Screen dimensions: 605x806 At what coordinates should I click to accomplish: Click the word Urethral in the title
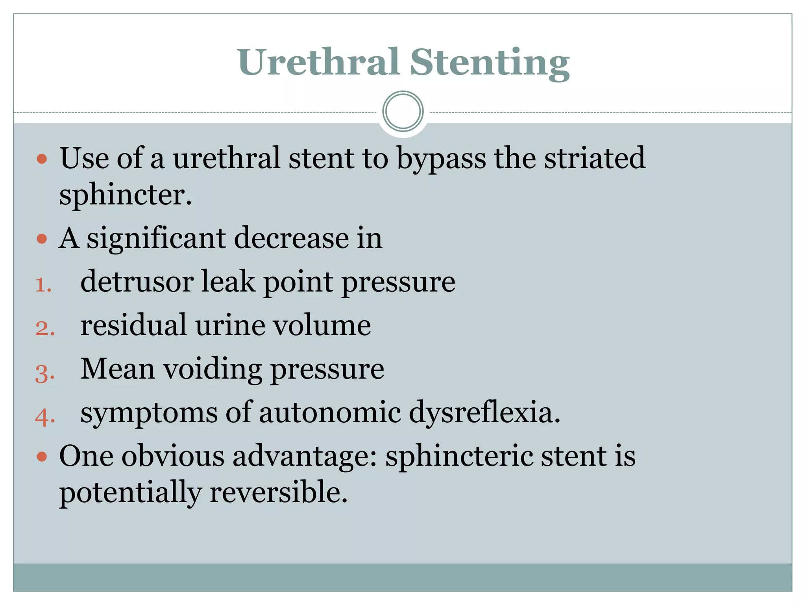(318, 62)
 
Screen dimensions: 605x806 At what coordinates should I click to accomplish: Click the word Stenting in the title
(490, 63)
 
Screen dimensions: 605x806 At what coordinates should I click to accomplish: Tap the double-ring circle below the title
(403, 111)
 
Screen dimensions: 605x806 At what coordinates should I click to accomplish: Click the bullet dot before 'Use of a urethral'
(42, 159)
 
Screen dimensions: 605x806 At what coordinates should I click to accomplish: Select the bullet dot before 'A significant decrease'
(42, 239)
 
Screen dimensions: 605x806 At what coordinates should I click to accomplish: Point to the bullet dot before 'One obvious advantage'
(42, 457)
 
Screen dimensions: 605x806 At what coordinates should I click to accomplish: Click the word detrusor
(137, 282)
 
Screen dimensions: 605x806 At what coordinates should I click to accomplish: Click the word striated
(595, 158)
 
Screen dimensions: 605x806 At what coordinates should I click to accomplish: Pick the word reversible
(279, 492)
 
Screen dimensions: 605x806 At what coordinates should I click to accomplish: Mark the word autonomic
(330, 413)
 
